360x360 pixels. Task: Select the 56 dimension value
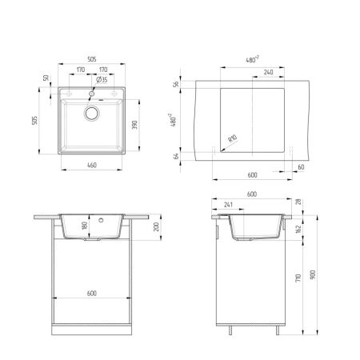177,86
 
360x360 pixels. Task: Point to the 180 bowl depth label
84,226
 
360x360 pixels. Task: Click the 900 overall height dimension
314,274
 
